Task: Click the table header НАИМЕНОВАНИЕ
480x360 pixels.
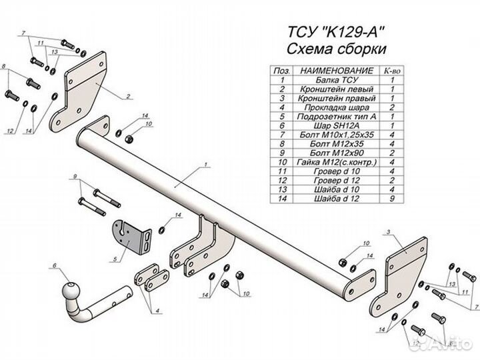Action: pyautogui.click(x=327, y=70)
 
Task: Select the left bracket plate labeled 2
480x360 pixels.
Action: pyautogui.click(x=84, y=87)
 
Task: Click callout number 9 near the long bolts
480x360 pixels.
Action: pyautogui.click(x=76, y=176)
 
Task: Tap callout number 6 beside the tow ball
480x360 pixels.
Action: pyautogui.click(x=52, y=267)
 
